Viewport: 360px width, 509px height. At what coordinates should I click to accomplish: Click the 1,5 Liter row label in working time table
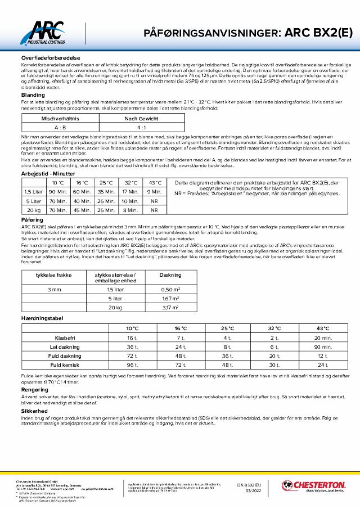[31, 192]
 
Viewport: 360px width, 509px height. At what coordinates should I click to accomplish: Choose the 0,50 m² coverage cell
[170, 289]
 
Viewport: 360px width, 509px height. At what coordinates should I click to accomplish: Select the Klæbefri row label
[66, 338]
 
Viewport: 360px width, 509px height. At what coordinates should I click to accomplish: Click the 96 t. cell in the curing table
[132, 365]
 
